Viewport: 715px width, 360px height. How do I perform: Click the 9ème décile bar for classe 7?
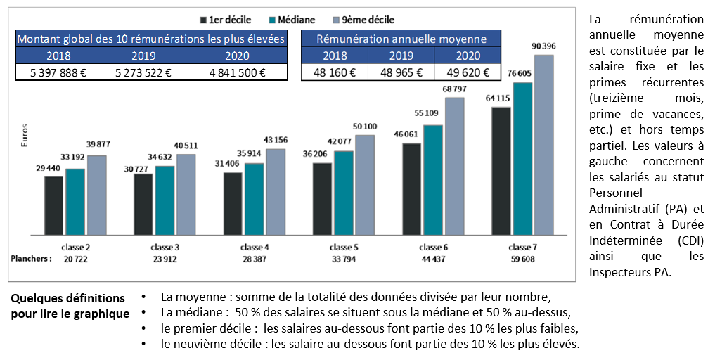pyautogui.click(x=543, y=144)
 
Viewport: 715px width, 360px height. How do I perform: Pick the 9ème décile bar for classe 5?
pyautogui.click(x=364, y=184)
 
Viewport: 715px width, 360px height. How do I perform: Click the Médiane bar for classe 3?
pyautogui.click(x=165, y=200)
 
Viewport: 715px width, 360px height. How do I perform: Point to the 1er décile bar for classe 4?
pyautogui.click(x=233, y=203)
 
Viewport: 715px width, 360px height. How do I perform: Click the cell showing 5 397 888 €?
pyautogui.click(x=58, y=72)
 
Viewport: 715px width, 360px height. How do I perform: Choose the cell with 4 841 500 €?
pyautogui.click(x=237, y=72)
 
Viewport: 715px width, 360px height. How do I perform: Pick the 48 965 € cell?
pyautogui.click(x=401, y=72)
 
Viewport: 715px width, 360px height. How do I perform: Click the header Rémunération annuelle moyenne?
pyautogui.click(x=401, y=39)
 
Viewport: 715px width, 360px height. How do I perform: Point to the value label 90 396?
pyautogui.click(x=543, y=46)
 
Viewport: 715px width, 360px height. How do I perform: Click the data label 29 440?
pyautogui.click(x=49, y=169)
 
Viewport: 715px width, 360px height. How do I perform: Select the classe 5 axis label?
pyautogui.click(x=343, y=247)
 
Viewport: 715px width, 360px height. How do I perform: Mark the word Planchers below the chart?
pyautogui.click(x=31, y=259)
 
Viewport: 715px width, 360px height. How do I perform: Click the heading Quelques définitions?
pyautogui.click(x=67, y=299)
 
